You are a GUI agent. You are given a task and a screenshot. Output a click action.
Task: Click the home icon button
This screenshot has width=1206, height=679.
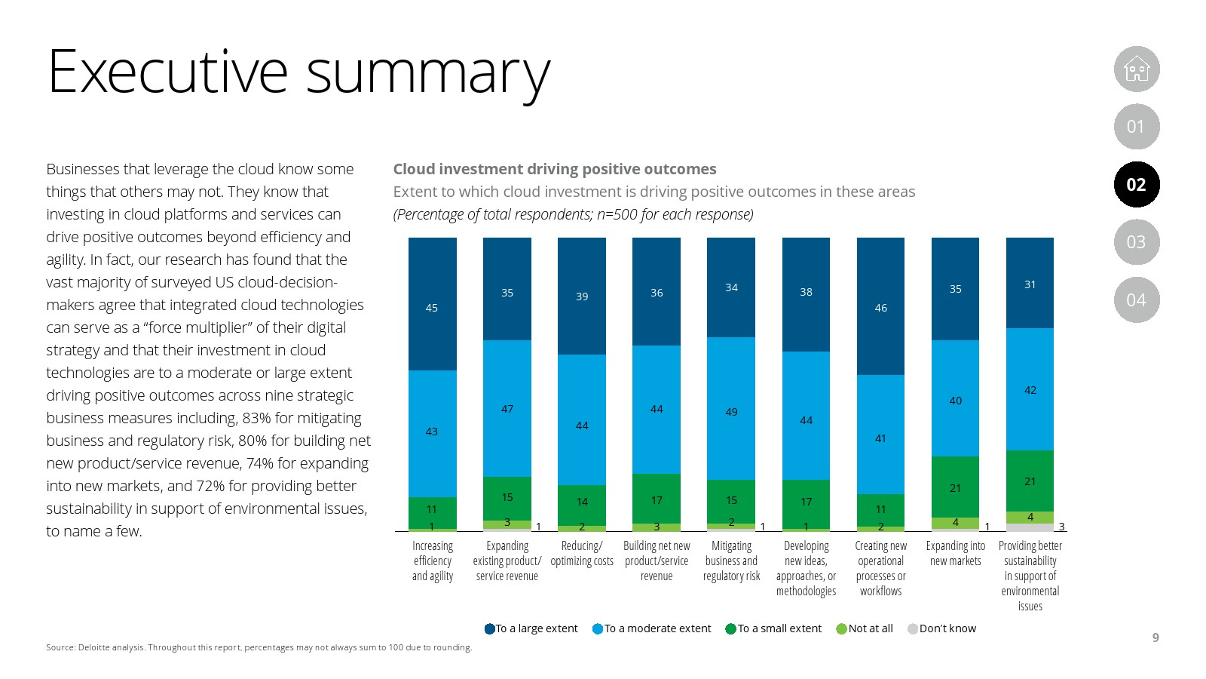tap(1136, 69)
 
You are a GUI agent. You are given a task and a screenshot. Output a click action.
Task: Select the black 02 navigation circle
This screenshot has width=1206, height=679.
tap(1136, 185)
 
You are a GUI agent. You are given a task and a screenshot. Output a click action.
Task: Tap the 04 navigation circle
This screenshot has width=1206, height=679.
tap(1136, 300)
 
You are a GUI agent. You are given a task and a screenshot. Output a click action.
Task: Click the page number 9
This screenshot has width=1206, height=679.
tap(1155, 638)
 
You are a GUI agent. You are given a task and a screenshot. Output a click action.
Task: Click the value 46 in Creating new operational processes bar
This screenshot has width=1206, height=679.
tap(880, 308)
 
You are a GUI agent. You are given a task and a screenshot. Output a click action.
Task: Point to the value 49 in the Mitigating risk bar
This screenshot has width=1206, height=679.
tap(731, 412)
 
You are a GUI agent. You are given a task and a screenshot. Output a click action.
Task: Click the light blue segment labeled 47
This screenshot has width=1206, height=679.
tap(507, 409)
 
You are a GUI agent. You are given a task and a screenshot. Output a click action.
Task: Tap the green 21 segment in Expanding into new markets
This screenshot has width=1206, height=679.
tap(955, 487)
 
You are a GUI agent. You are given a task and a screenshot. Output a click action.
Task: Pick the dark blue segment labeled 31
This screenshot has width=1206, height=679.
tap(1030, 284)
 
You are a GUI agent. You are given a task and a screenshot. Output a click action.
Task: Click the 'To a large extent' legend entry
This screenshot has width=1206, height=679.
tap(531, 628)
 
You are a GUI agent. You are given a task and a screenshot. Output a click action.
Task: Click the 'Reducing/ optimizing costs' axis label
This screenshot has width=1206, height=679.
tap(582, 554)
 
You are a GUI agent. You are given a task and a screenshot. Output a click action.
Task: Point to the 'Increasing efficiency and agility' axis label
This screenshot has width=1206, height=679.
tap(433, 561)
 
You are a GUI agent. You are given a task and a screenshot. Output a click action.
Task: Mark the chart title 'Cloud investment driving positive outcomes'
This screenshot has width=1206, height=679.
tap(555, 169)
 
